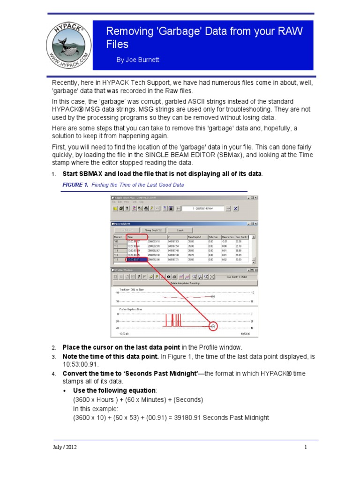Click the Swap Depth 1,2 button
click(x=154, y=230)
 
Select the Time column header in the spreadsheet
click(x=131, y=237)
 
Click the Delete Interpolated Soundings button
click(x=184, y=284)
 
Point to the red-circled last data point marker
click(x=213, y=326)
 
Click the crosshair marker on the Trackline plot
click(x=213, y=296)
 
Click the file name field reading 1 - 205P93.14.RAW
click(x=205, y=208)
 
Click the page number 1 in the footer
click(x=306, y=447)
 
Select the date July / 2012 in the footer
click(x=64, y=447)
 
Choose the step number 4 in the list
click(x=54, y=374)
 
